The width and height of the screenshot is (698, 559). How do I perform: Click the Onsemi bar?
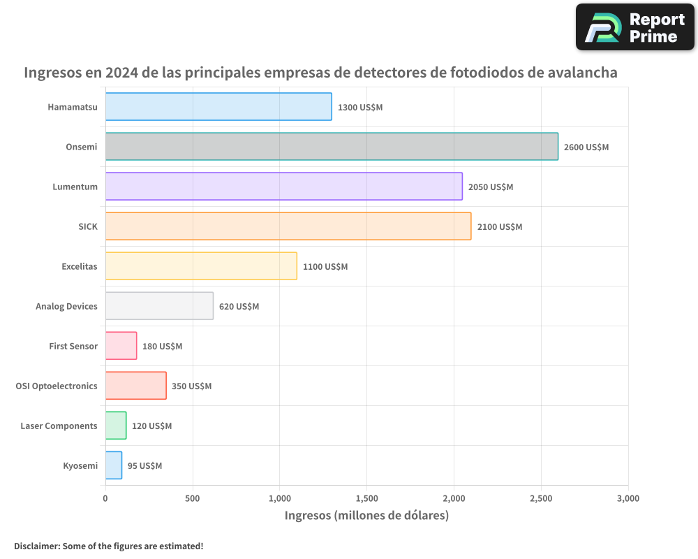point(332,147)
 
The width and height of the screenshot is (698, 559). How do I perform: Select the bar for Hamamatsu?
point(218,107)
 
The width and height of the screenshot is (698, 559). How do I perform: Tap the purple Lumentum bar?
point(283,187)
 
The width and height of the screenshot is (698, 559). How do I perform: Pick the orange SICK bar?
point(288,226)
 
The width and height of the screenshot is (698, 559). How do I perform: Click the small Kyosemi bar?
point(114,465)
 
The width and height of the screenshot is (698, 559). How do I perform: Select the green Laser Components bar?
point(116,426)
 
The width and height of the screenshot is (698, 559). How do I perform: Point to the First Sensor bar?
point(121,346)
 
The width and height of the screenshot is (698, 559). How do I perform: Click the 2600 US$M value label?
point(586,147)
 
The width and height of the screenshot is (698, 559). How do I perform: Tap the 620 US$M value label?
point(239,307)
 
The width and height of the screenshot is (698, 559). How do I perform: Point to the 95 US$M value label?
point(144,466)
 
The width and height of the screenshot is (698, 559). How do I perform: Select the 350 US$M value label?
point(191,386)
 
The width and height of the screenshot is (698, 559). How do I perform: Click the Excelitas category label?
point(80,266)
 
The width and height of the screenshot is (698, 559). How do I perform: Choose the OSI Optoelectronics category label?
point(57,386)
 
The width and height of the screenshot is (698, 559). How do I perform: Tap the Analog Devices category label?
point(66,306)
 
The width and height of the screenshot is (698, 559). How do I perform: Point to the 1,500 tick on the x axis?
point(366,499)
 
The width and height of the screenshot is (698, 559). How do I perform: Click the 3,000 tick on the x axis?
point(628,499)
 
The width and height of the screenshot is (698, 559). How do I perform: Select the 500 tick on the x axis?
point(193,499)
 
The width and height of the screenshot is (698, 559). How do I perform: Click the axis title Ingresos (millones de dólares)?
point(366,516)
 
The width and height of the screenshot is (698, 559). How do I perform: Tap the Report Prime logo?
point(634,27)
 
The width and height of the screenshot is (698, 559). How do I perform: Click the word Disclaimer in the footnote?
point(36,546)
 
